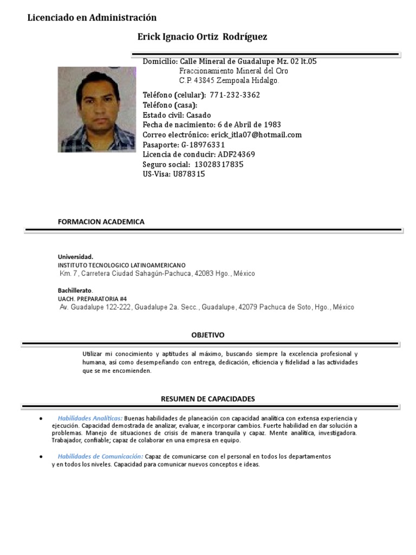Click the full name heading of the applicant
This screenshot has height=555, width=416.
click(203, 36)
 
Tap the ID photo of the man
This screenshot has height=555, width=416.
click(96, 109)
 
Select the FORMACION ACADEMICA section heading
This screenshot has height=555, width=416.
click(101, 222)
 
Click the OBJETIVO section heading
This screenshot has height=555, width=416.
click(207, 335)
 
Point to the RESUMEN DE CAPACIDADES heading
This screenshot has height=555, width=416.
click(207, 398)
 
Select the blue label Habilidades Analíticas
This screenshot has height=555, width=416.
click(90, 418)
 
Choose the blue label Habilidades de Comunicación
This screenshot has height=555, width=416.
click(100, 457)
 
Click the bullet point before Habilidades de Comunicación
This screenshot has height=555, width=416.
click(42, 457)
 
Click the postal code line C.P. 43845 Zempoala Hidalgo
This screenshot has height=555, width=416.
click(229, 81)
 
